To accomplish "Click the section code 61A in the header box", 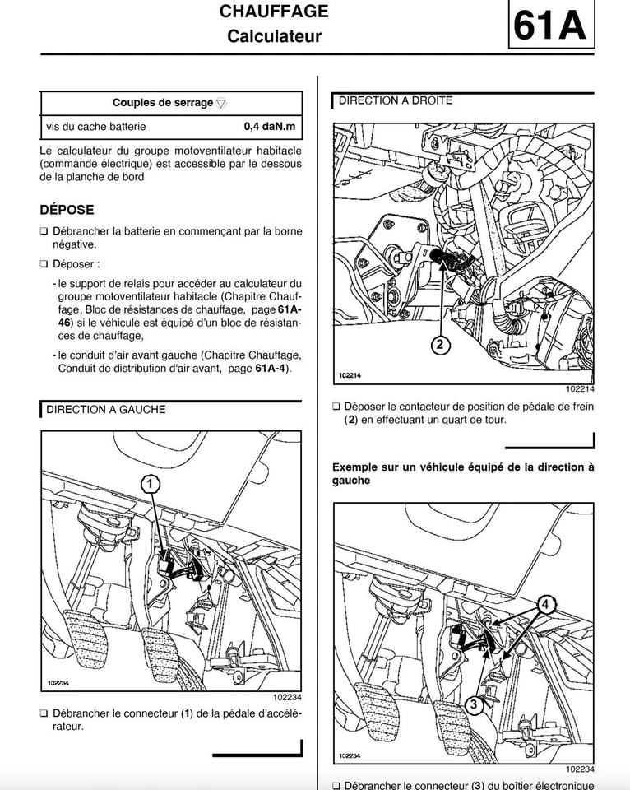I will click(549, 27).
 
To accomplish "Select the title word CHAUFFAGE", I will click(274, 12).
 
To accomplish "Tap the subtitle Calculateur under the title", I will click(274, 36).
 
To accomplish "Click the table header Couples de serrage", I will click(162, 103).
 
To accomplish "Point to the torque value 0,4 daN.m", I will click(269, 127).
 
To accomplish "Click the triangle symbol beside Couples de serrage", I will click(221, 104).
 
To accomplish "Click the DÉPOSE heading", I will click(67, 210).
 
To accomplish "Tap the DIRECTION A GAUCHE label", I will click(105, 409).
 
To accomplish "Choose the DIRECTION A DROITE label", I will click(396, 101).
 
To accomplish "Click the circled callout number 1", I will click(151, 484).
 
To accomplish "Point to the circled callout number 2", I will click(439, 345).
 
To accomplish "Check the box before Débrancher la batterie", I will click(44, 231).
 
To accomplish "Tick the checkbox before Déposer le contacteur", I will click(336, 407).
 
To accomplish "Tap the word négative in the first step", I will click(75, 244).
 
